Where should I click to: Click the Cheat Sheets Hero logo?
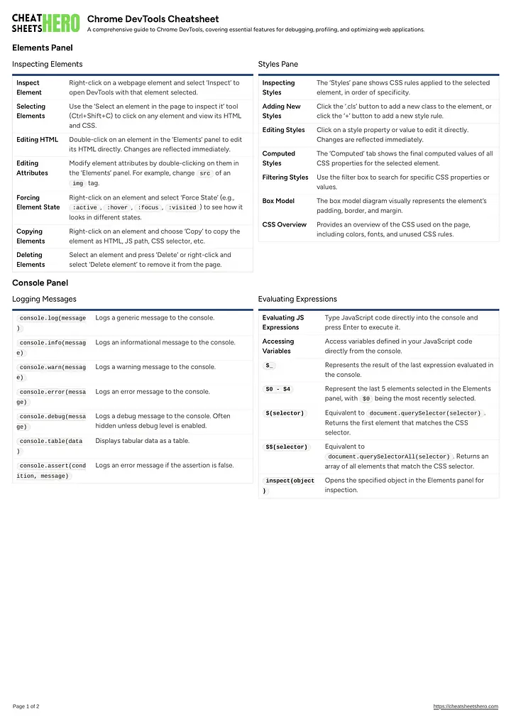45,23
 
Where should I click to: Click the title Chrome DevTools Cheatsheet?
153,18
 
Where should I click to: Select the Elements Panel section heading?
42,48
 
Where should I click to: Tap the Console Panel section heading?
40,283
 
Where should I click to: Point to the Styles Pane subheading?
278,64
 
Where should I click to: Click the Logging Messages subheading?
44,299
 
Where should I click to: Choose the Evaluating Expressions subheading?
297,299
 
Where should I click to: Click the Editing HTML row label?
37,140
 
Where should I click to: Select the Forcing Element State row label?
38,202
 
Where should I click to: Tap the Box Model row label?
278,201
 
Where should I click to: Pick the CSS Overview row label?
284,224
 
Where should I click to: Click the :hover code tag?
117,207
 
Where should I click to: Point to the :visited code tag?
183,207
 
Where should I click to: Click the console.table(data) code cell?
51,446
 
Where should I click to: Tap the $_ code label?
270,366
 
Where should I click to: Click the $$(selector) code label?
287,447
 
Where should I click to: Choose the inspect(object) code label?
288,486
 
